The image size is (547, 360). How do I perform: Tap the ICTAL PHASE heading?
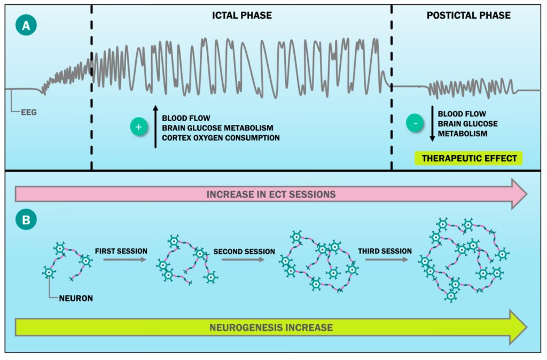coord(242,15)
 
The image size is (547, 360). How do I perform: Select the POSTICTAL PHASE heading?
coord(468,15)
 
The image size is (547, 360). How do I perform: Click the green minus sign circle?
coord(415,123)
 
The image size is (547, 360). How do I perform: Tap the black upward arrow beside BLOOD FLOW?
coord(155,126)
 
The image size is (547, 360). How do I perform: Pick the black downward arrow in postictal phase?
coord(431,123)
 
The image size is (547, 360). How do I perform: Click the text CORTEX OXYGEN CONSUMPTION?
coord(221,138)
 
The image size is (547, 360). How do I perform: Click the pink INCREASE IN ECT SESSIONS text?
coord(271,194)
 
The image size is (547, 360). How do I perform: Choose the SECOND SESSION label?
coord(244,251)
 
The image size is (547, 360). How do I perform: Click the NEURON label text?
coord(75,298)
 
